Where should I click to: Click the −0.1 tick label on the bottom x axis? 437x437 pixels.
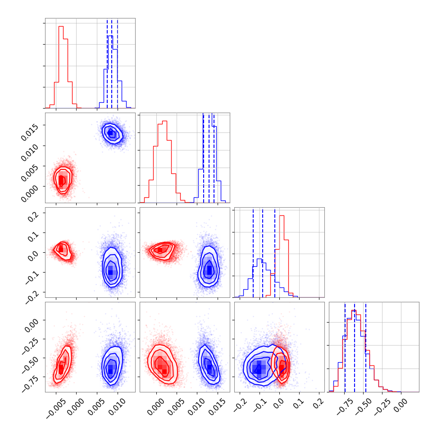(257, 404)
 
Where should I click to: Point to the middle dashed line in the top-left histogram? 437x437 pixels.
(112, 63)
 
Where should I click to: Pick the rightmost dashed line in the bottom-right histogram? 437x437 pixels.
(366, 347)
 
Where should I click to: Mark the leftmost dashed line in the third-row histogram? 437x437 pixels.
(253, 252)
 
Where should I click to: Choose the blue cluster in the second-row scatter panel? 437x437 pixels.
(111, 132)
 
